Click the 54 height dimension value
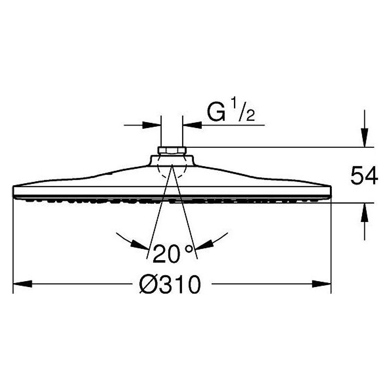pos(364,175)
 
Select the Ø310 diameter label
pos(170,284)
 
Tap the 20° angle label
pos(173,253)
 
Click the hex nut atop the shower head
pos(172,151)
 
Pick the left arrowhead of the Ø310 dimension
pos(22,284)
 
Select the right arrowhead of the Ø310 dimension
pos(322,284)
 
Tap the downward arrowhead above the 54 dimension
pos(365,137)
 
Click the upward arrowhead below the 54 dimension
pos(365,213)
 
